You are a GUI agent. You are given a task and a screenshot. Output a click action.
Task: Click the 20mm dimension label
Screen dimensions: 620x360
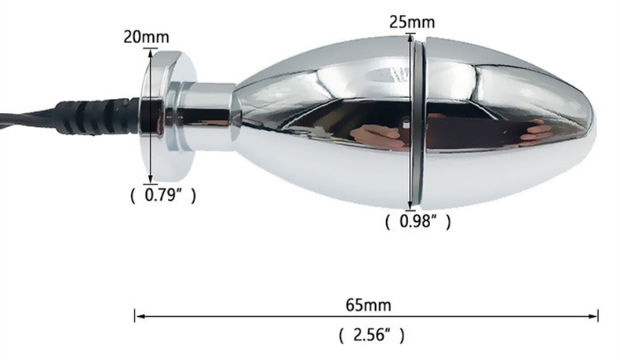[146, 37]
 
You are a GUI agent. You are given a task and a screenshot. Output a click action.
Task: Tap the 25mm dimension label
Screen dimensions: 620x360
[412, 22]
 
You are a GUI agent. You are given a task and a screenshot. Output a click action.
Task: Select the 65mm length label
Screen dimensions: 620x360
[369, 305]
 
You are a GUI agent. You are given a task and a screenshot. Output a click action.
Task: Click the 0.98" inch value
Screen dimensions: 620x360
[418, 221]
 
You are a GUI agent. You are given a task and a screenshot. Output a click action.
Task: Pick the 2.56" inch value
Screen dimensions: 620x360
[372, 335]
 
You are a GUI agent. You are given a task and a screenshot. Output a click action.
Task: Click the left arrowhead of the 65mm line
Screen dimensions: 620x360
[140, 316]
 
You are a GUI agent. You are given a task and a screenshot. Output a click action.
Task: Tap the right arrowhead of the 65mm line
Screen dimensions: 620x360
[593, 316]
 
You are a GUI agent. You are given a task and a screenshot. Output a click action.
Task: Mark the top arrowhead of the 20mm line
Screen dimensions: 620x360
[150, 54]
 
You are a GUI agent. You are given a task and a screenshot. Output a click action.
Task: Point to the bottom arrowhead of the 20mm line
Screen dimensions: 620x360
[150, 179]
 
